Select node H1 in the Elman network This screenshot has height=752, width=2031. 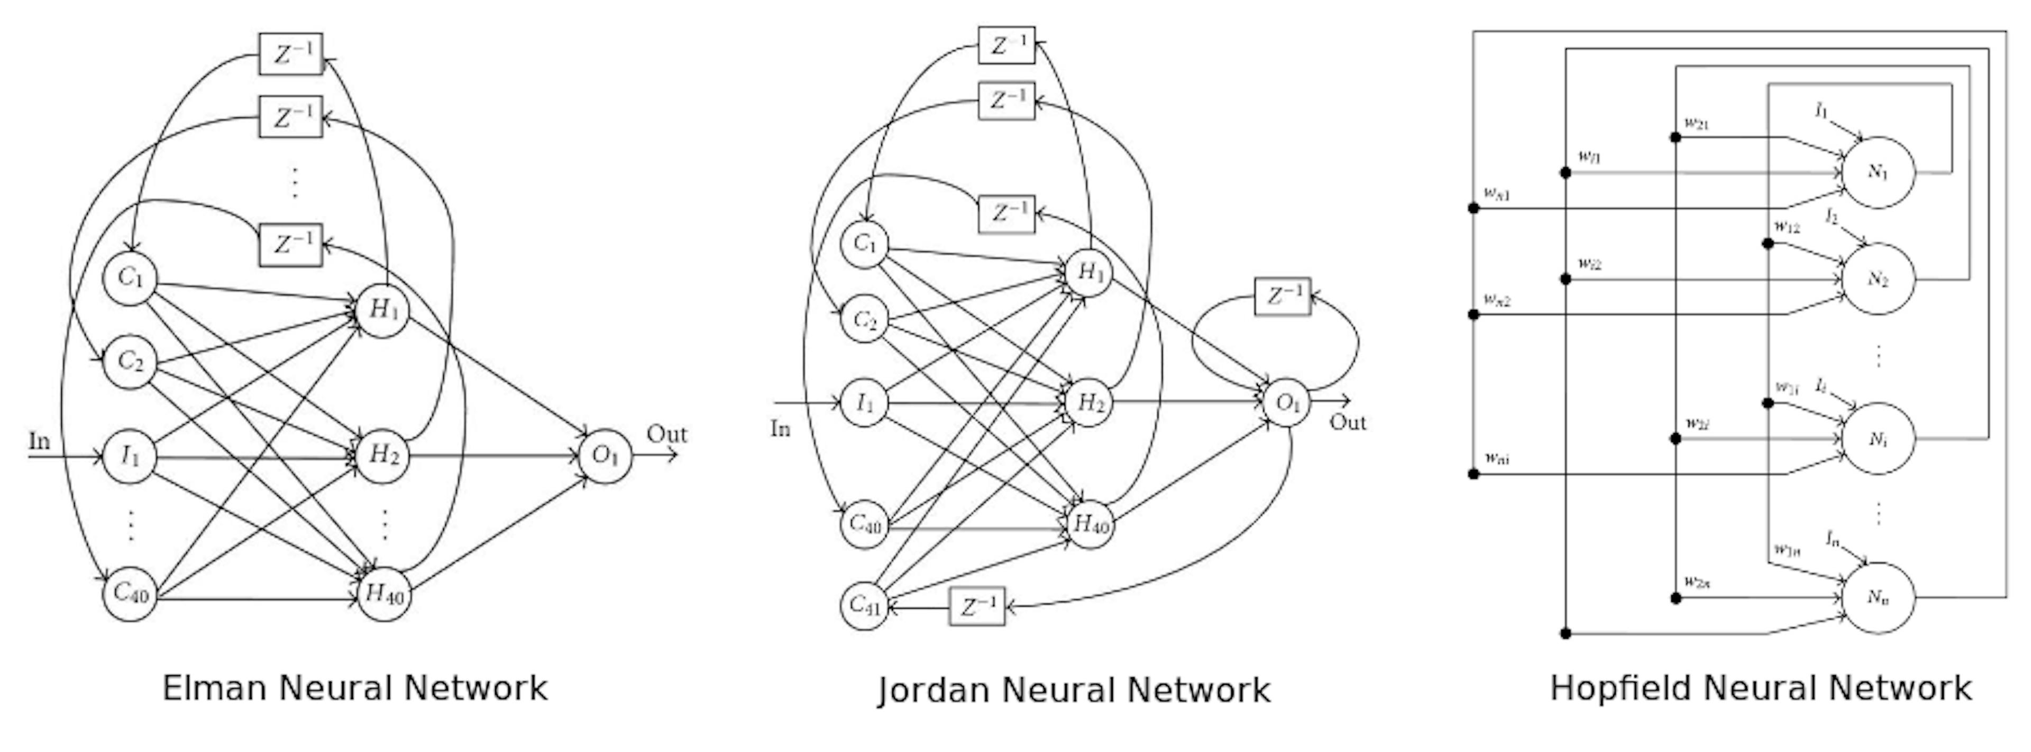[383, 310]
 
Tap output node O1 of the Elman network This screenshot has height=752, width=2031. [605, 456]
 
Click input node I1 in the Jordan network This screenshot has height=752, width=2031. [865, 403]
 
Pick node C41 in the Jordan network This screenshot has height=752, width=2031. [865, 606]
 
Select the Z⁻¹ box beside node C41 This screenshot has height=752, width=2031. [977, 606]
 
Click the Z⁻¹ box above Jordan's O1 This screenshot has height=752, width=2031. [1283, 296]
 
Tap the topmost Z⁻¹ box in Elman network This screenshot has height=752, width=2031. [291, 53]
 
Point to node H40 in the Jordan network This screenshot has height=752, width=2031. [1091, 523]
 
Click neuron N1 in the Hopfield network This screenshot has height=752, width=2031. [1878, 172]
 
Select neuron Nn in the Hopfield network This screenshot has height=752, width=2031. [1878, 597]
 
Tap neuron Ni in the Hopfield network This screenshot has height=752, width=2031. [1878, 438]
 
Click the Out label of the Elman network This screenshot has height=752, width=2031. [666, 434]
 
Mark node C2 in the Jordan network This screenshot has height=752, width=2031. [865, 319]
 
